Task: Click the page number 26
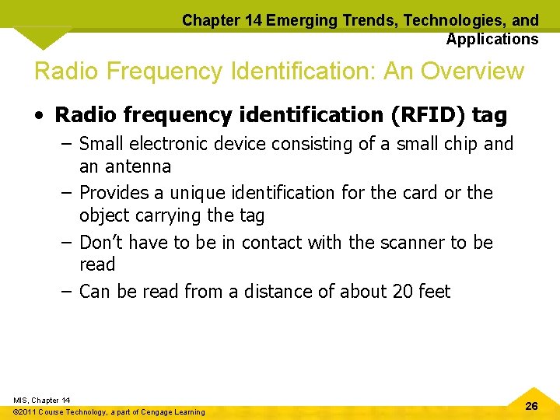coord(531,406)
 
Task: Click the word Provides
coord(114,192)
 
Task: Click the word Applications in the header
coord(492,39)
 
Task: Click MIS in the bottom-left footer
coord(22,400)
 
